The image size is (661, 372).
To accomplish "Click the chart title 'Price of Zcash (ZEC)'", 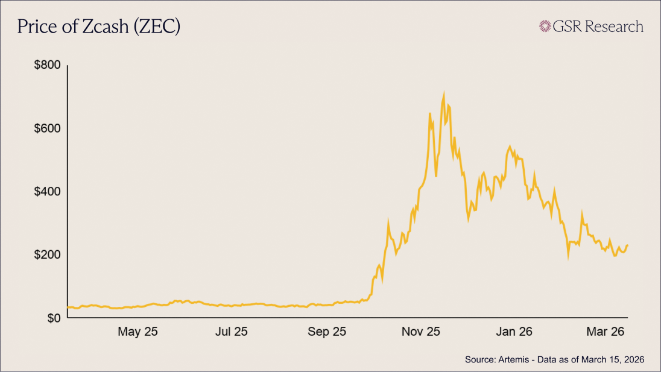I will pos(98,27).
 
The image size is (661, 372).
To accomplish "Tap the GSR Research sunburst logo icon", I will pos(546,26).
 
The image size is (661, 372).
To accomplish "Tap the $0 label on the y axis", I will pos(53,318).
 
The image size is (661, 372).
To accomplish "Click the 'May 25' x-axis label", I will pos(138,332).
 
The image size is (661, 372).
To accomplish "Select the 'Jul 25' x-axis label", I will pos(232,332).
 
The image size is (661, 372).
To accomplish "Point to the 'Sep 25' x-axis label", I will pos(327,332).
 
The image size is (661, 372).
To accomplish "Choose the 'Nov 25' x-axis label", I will pos(421,332).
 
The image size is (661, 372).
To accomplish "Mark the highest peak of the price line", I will pos(444,95).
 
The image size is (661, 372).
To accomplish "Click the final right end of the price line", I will pos(628,245).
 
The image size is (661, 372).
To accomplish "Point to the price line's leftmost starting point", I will pos(68,307).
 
